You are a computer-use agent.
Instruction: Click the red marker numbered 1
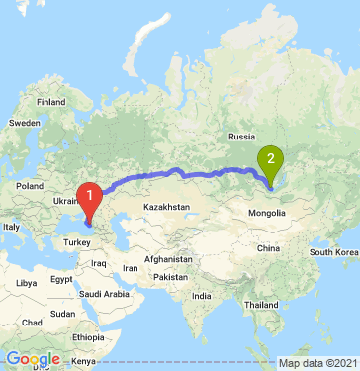point(90,197)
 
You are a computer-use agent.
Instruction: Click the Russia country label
point(242,136)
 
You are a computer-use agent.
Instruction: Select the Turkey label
point(76,240)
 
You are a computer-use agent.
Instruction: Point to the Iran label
point(130,267)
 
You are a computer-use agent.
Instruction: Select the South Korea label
point(334,253)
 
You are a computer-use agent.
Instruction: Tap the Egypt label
point(62,280)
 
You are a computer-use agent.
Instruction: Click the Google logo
point(33,359)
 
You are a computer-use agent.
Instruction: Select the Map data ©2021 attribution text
point(316,363)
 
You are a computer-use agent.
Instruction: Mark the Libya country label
point(22,283)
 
